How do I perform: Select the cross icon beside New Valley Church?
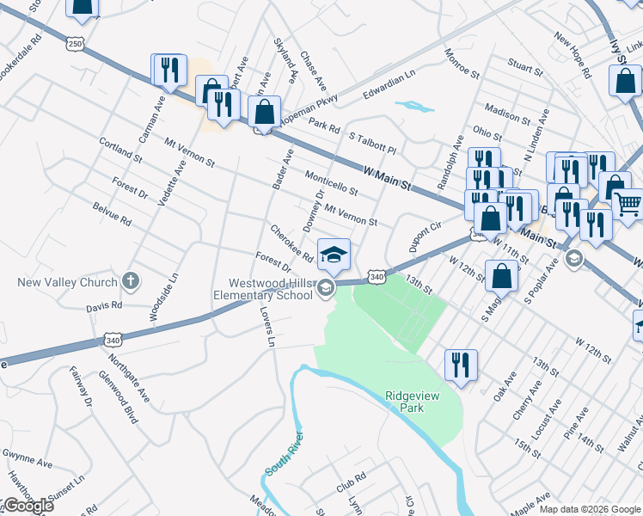tap(130, 280)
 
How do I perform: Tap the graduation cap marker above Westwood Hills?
tap(334, 254)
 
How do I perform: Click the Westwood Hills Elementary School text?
tap(269, 289)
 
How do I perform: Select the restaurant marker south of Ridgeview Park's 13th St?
tap(461, 364)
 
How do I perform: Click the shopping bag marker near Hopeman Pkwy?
tap(264, 112)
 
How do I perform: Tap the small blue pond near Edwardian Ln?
tap(415, 107)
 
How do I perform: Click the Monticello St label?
tap(331, 181)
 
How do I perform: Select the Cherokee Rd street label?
tap(291, 244)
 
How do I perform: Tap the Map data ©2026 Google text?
tap(590, 509)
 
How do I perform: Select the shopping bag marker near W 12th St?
tap(502, 276)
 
